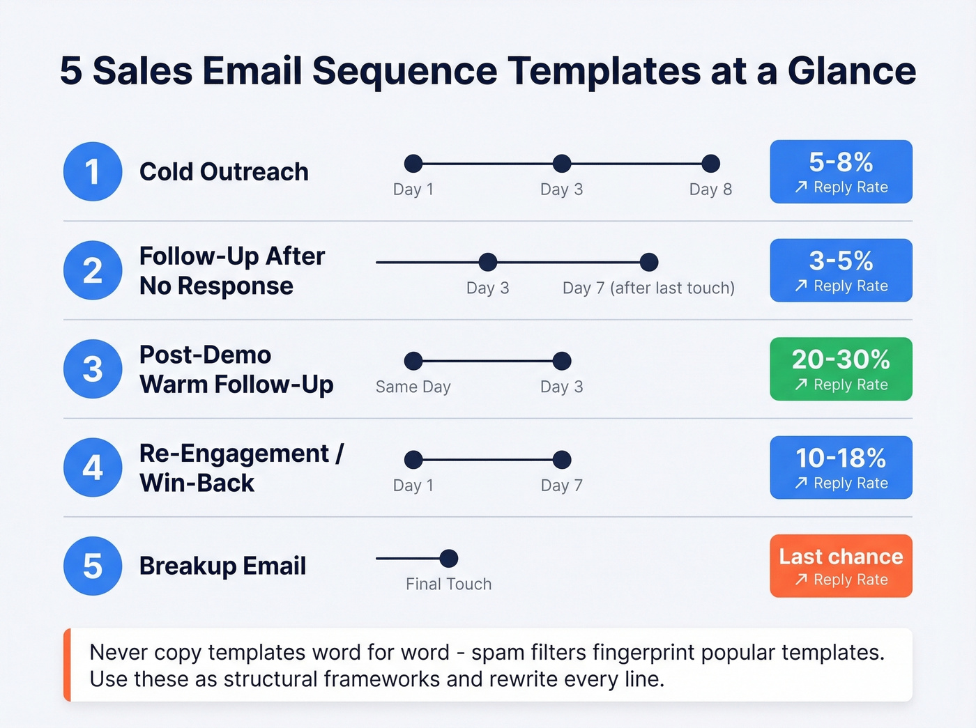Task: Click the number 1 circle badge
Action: pyautogui.click(x=93, y=171)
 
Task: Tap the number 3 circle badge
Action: pyautogui.click(x=93, y=369)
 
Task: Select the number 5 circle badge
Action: pyautogui.click(x=93, y=566)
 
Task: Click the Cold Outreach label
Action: pyautogui.click(x=224, y=171)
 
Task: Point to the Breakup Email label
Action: pyautogui.click(x=222, y=566)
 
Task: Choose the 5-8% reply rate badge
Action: pyautogui.click(x=841, y=171)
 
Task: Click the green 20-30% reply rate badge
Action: pyautogui.click(x=841, y=369)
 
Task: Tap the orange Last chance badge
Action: pyautogui.click(x=841, y=566)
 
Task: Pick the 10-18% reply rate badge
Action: pyautogui.click(x=841, y=467)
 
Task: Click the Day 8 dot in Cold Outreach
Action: pyautogui.click(x=710, y=164)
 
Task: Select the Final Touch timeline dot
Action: pyautogui.click(x=449, y=558)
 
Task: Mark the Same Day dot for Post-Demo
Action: pyautogui.click(x=413, y=361)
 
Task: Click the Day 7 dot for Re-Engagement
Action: pyautogui.click(x=562, y=460)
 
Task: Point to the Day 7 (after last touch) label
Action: pyautogui.click(x=648, y=288)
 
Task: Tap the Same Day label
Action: pyautogui.click(x=413, y=387)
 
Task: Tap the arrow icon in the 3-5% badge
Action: pyautogui.click(x=801, y=286)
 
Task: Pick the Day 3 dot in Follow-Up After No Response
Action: pyautogui.click(x=488, y=262)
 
